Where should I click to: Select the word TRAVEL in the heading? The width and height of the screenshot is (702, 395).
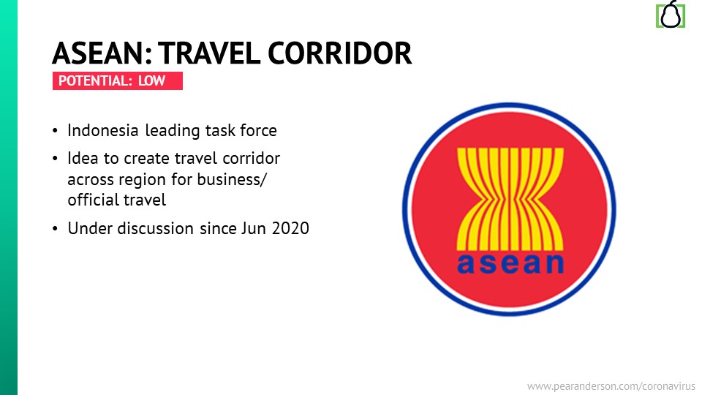[209, 53]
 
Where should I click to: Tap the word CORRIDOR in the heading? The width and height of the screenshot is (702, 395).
[340, 53]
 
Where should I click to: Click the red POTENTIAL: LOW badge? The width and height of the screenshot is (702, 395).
[117, 80]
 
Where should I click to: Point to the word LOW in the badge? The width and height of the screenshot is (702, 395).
[152, 80]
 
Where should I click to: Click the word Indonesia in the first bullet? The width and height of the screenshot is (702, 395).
[103, 130]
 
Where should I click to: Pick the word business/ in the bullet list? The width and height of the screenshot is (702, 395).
[232, 179]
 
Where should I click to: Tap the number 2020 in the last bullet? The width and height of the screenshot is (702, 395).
[290, 228]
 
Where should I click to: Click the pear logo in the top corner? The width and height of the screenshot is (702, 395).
[671, 15]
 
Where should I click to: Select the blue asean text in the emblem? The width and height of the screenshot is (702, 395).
[510, 263]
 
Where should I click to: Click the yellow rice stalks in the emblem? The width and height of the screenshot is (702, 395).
[510, 199]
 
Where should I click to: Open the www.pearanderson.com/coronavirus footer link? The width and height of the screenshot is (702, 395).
[611, 386]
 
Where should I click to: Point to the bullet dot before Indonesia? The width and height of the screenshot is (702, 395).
[55, 131]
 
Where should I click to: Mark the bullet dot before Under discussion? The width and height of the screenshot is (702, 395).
[55, 229]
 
